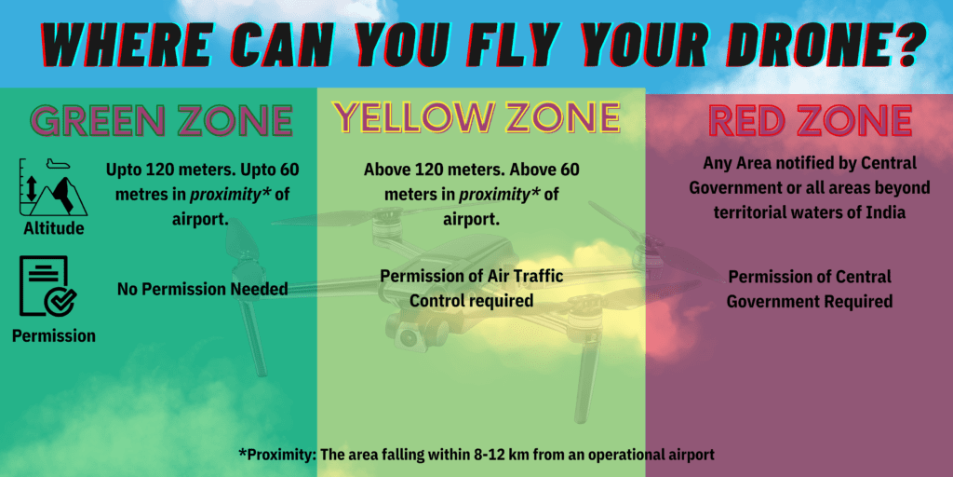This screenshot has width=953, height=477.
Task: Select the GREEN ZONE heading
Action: point(162,120)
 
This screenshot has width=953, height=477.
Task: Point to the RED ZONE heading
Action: point(810,120)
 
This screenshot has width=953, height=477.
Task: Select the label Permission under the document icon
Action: point(53,335)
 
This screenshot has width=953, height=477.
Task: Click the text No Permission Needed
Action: point(202,290)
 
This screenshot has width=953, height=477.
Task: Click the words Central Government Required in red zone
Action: point(810,289)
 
